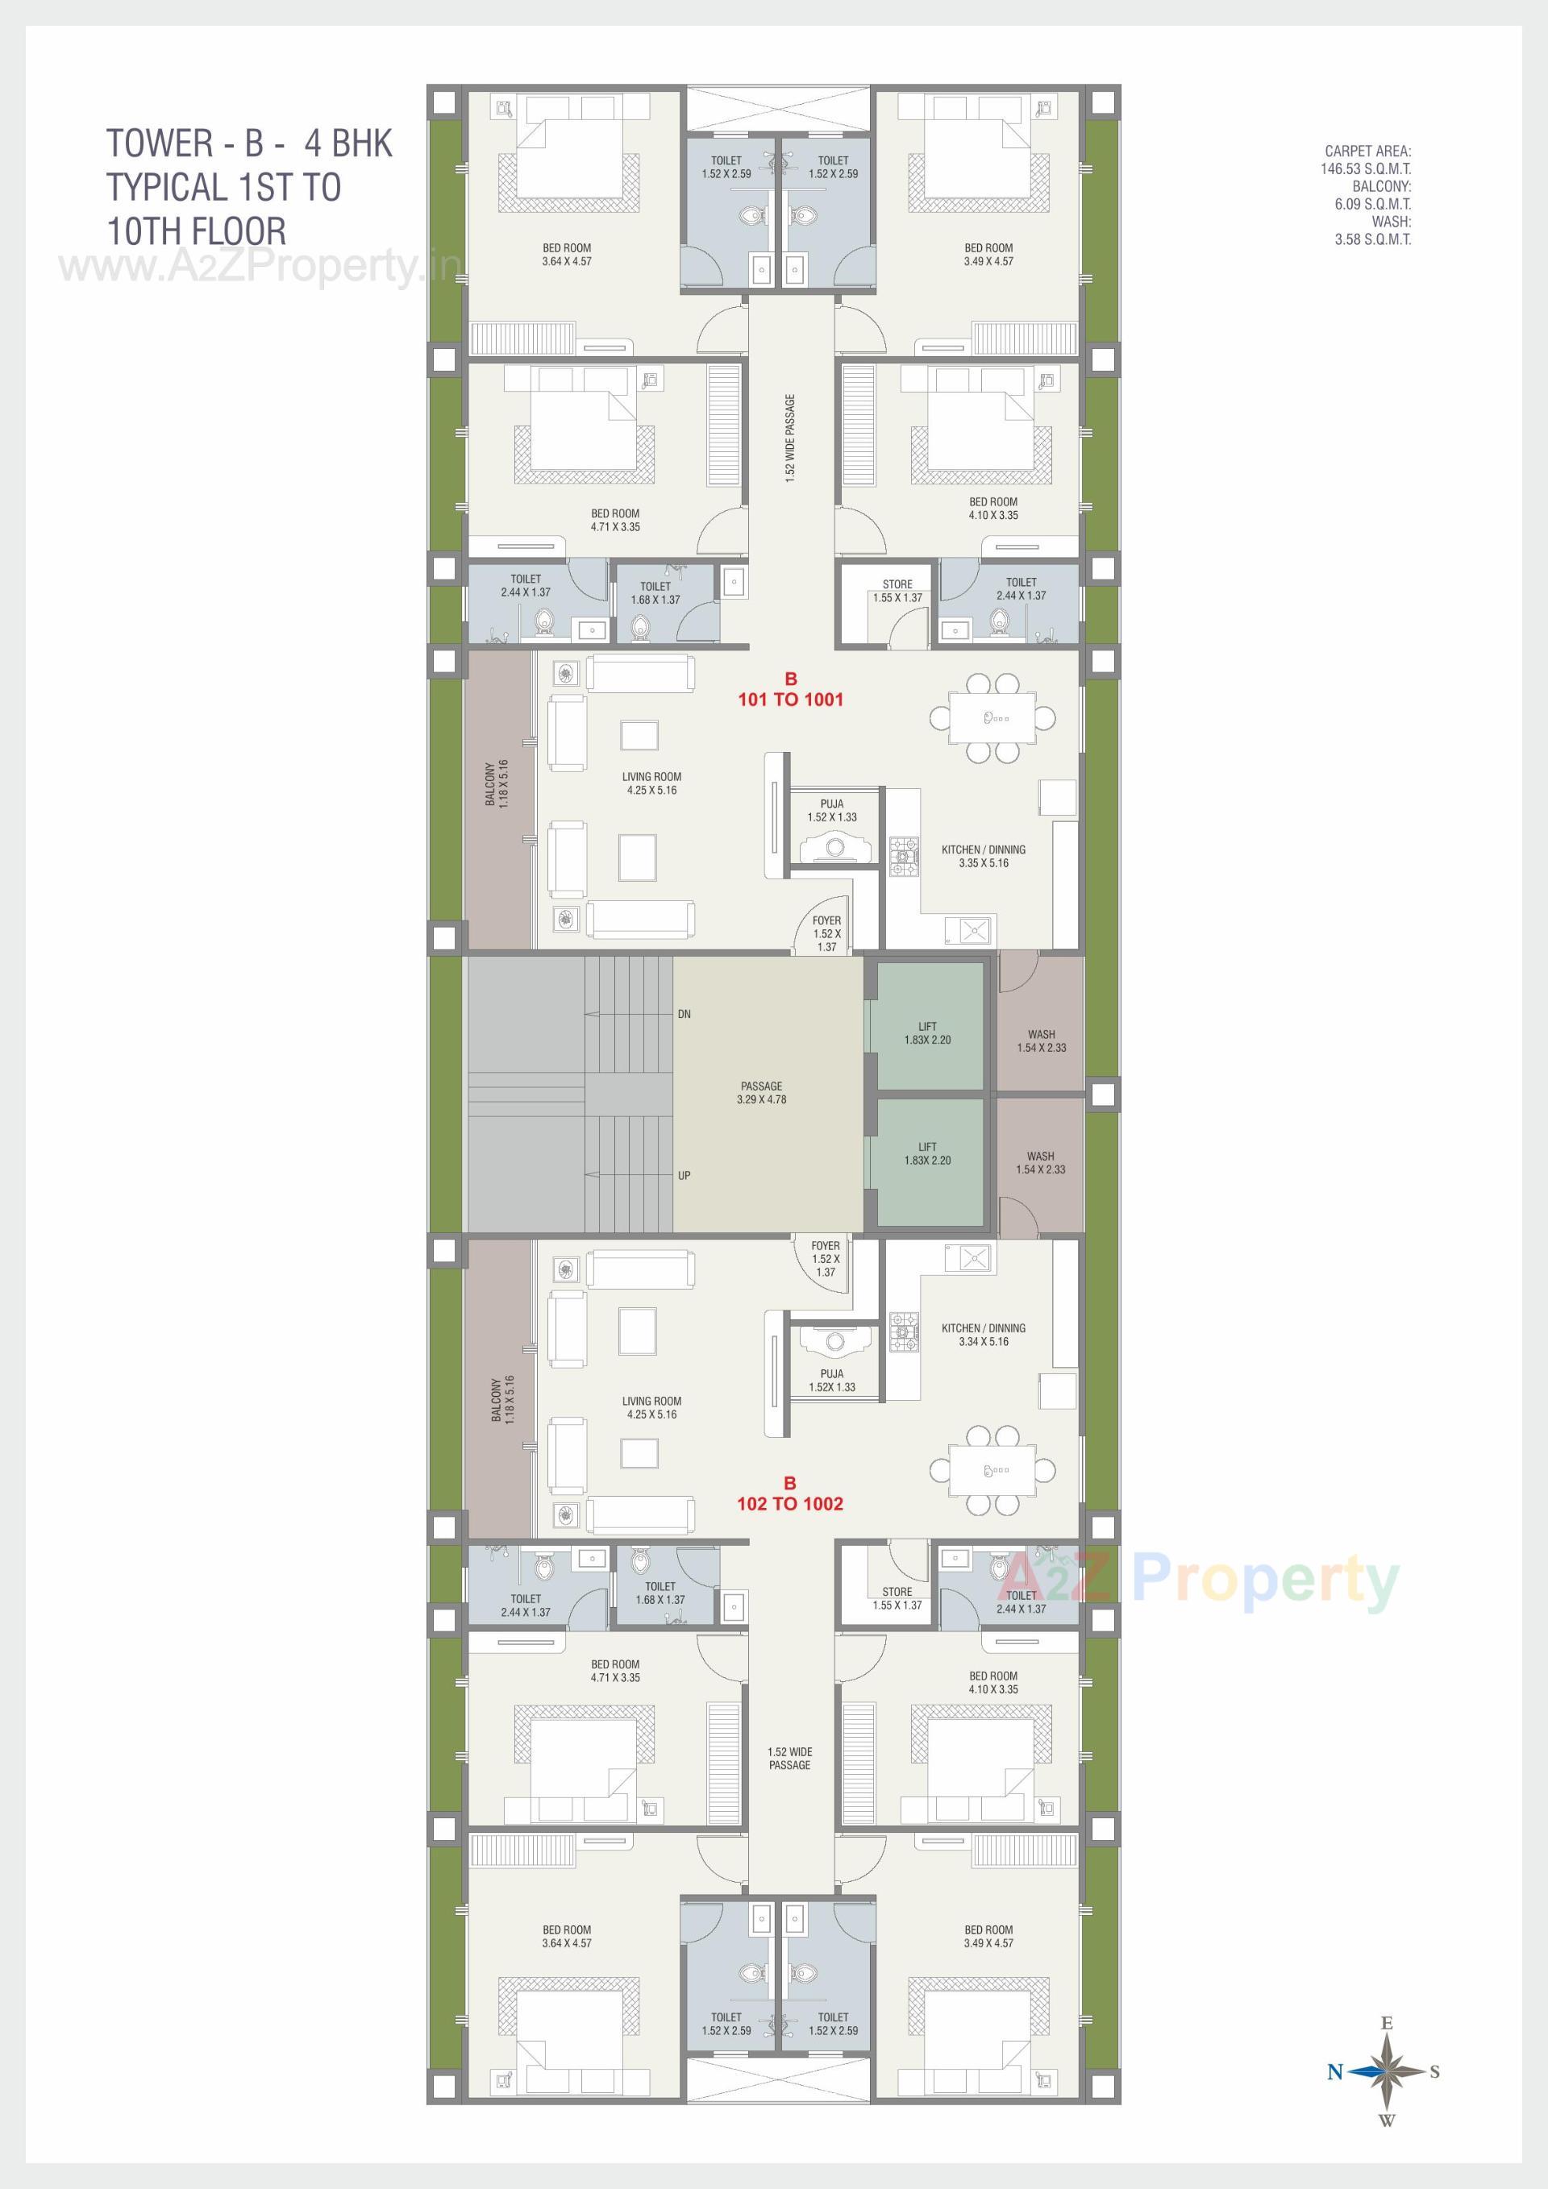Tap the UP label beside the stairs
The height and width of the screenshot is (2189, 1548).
tap(684, 1176)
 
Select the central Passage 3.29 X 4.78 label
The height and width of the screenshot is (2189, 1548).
tap(761, 1093)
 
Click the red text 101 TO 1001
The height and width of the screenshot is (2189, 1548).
tap(791, 699)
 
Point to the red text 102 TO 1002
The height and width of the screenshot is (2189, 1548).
tap(790, 1503)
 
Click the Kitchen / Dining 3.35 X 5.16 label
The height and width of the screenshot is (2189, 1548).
tap(984, 856)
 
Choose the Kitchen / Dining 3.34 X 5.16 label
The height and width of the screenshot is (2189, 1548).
tap(984, 1335)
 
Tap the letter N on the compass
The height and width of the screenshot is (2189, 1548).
tap(1335, 2071)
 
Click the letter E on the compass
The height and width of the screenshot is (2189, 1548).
tap(1387, 2023)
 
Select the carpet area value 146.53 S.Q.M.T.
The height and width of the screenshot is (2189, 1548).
tap(1365, 168)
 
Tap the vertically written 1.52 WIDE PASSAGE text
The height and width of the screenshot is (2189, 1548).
tap(790, 438)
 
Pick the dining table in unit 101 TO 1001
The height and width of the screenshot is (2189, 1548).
tap(992, 717)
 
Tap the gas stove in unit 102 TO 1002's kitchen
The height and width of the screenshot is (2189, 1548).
tap(904, 1331)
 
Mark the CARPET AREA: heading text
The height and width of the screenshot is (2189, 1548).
tap(1367, 151)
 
